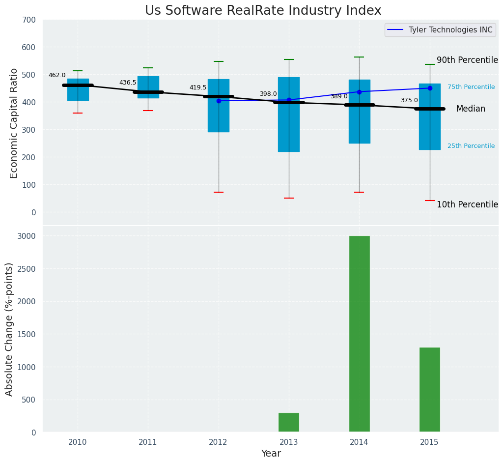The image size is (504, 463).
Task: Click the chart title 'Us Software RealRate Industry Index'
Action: (x=263, y=11)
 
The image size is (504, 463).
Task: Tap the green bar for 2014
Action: (x=359, y=334)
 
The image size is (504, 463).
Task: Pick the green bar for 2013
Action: (x=289, y=422)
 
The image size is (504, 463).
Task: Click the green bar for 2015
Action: (x=429, y=390)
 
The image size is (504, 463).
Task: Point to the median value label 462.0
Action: (x=57, y=75)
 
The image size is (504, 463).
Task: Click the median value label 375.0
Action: (x=409, y=100)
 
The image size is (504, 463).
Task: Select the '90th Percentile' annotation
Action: (x=467, y=60)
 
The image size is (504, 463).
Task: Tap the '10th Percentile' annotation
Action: (x=467, y=204)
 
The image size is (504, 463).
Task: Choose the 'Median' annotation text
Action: (x=471, y=109)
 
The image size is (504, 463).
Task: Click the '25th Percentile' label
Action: (x=471, y=146)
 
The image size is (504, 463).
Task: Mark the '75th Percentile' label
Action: (x=471, y=87)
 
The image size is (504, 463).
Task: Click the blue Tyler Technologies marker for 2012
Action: (x=219, y=101)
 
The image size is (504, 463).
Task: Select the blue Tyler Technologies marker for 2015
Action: (x=430, y=88)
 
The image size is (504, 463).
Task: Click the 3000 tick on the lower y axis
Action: (x=26, y=236)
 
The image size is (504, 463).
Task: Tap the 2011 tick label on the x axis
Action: (x=148, y=442)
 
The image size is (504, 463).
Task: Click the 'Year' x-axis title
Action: (x=271, y=454)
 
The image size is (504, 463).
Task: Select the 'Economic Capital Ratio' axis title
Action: (x=14, y=123)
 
